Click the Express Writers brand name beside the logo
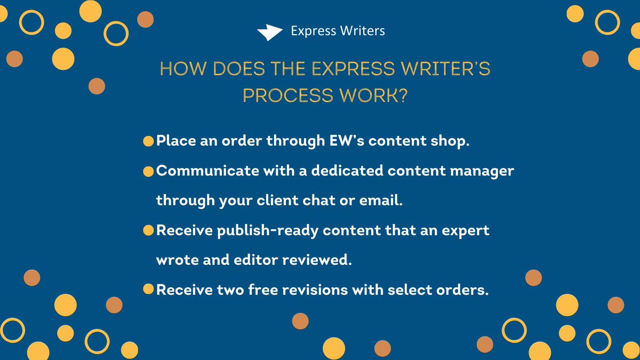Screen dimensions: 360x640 pos(338,31)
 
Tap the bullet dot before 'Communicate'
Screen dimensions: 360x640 pos(148,172)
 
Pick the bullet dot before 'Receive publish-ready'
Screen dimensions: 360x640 pos(148,231)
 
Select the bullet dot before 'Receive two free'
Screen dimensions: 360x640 pos(148,290)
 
